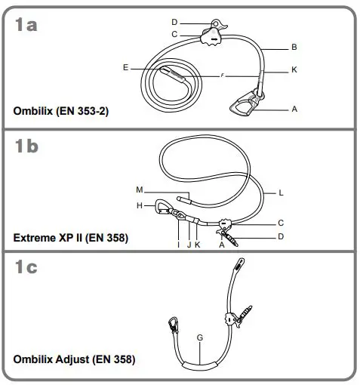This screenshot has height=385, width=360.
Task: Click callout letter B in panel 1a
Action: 294,47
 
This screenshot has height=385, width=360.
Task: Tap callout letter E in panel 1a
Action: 125,67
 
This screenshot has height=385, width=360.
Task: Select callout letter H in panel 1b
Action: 140,205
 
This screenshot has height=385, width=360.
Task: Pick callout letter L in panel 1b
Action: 281,193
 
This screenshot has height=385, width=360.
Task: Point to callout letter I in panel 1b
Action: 177,245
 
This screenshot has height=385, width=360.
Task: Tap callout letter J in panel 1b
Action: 187,245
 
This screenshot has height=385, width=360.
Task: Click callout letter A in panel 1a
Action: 294,109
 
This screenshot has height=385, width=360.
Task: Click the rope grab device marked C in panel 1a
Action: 211,35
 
